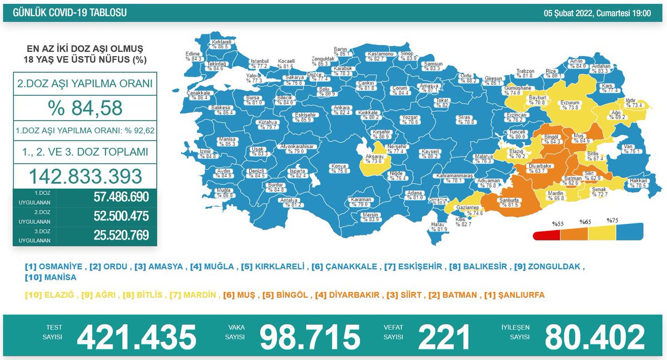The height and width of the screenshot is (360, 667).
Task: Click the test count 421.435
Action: click(137, 337)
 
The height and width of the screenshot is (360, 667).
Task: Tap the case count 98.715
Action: click(310, 337)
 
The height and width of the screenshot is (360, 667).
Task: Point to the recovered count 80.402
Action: click(594, 337)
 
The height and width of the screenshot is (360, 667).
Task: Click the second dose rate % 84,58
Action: click(85, 108)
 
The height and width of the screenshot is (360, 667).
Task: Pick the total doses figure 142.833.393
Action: click(85, 176)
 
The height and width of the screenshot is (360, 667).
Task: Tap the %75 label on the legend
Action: click(613, 221)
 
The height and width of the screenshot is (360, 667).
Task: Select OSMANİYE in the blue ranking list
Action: click(56, 266)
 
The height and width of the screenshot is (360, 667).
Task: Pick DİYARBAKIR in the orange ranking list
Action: click(344, 295)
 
